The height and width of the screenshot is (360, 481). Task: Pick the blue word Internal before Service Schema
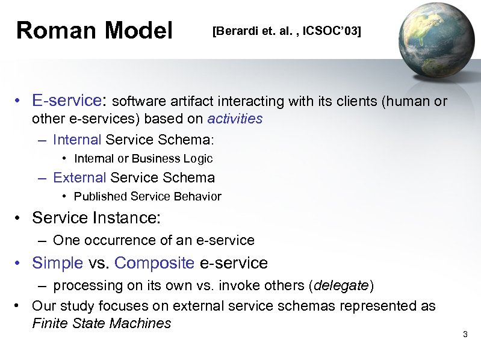77,140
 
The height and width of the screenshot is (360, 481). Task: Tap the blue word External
79,178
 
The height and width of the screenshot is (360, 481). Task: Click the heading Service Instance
97,217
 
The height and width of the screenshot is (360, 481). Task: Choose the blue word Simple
58,263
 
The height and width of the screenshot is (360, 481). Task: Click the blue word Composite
154,263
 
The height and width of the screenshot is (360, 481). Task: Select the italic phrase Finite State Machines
101,323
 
